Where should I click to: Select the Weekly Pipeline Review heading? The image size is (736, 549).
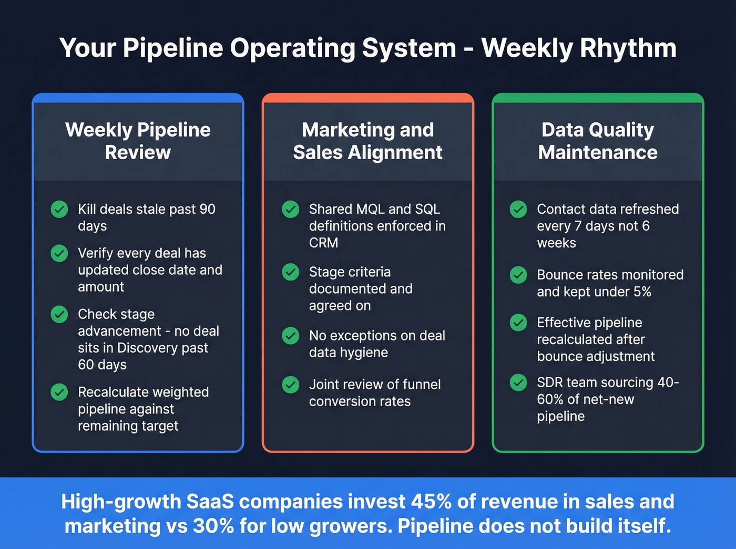(138, 141)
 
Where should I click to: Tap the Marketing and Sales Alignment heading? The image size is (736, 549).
(367, 141)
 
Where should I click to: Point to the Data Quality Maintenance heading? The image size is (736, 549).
(598, 141)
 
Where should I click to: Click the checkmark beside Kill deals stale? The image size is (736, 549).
(59, 209)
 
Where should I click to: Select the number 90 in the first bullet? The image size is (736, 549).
(207, 209)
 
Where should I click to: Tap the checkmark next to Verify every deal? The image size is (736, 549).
(59, 253)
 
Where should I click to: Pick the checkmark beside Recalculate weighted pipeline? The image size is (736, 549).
(59, 392)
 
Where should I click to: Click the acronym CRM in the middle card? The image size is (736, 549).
(323, 243)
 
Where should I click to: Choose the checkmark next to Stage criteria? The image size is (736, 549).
(291, 272)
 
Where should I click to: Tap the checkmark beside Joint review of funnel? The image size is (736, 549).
(291, 385)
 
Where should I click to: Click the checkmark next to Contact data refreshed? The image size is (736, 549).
(518, 209)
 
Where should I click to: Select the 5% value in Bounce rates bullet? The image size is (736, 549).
(642, 292)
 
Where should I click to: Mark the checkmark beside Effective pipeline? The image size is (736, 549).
(518, 323)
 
